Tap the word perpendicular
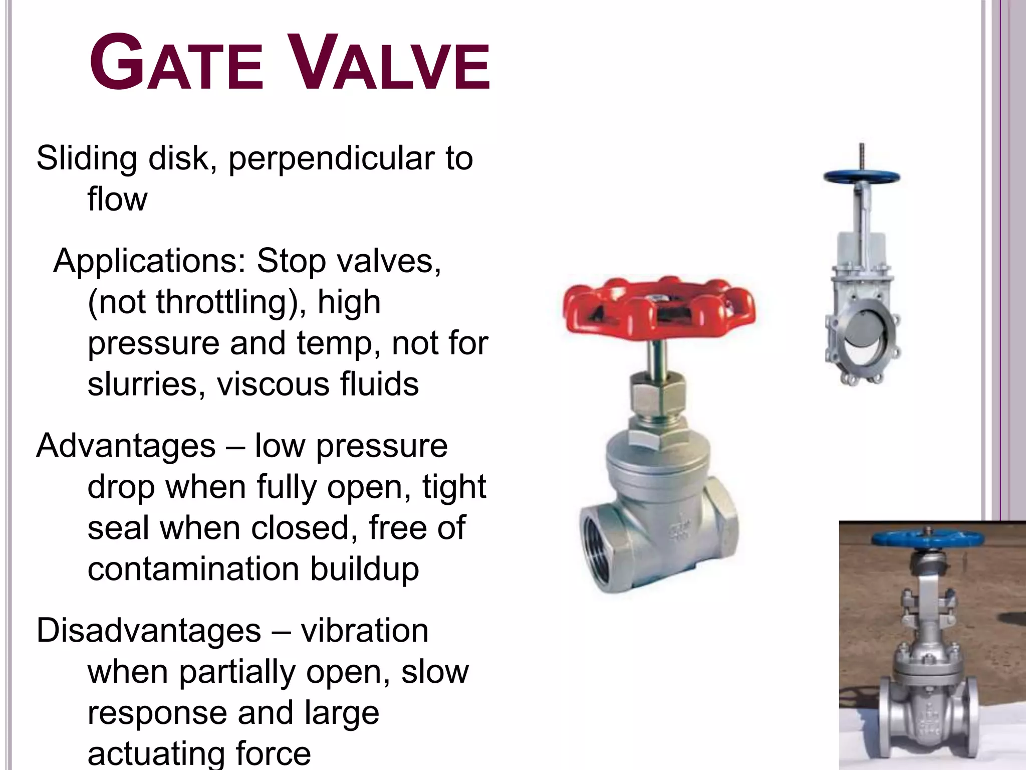coord(331,158)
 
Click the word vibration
coord(365,631)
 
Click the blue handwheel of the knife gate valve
coord(862,177)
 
